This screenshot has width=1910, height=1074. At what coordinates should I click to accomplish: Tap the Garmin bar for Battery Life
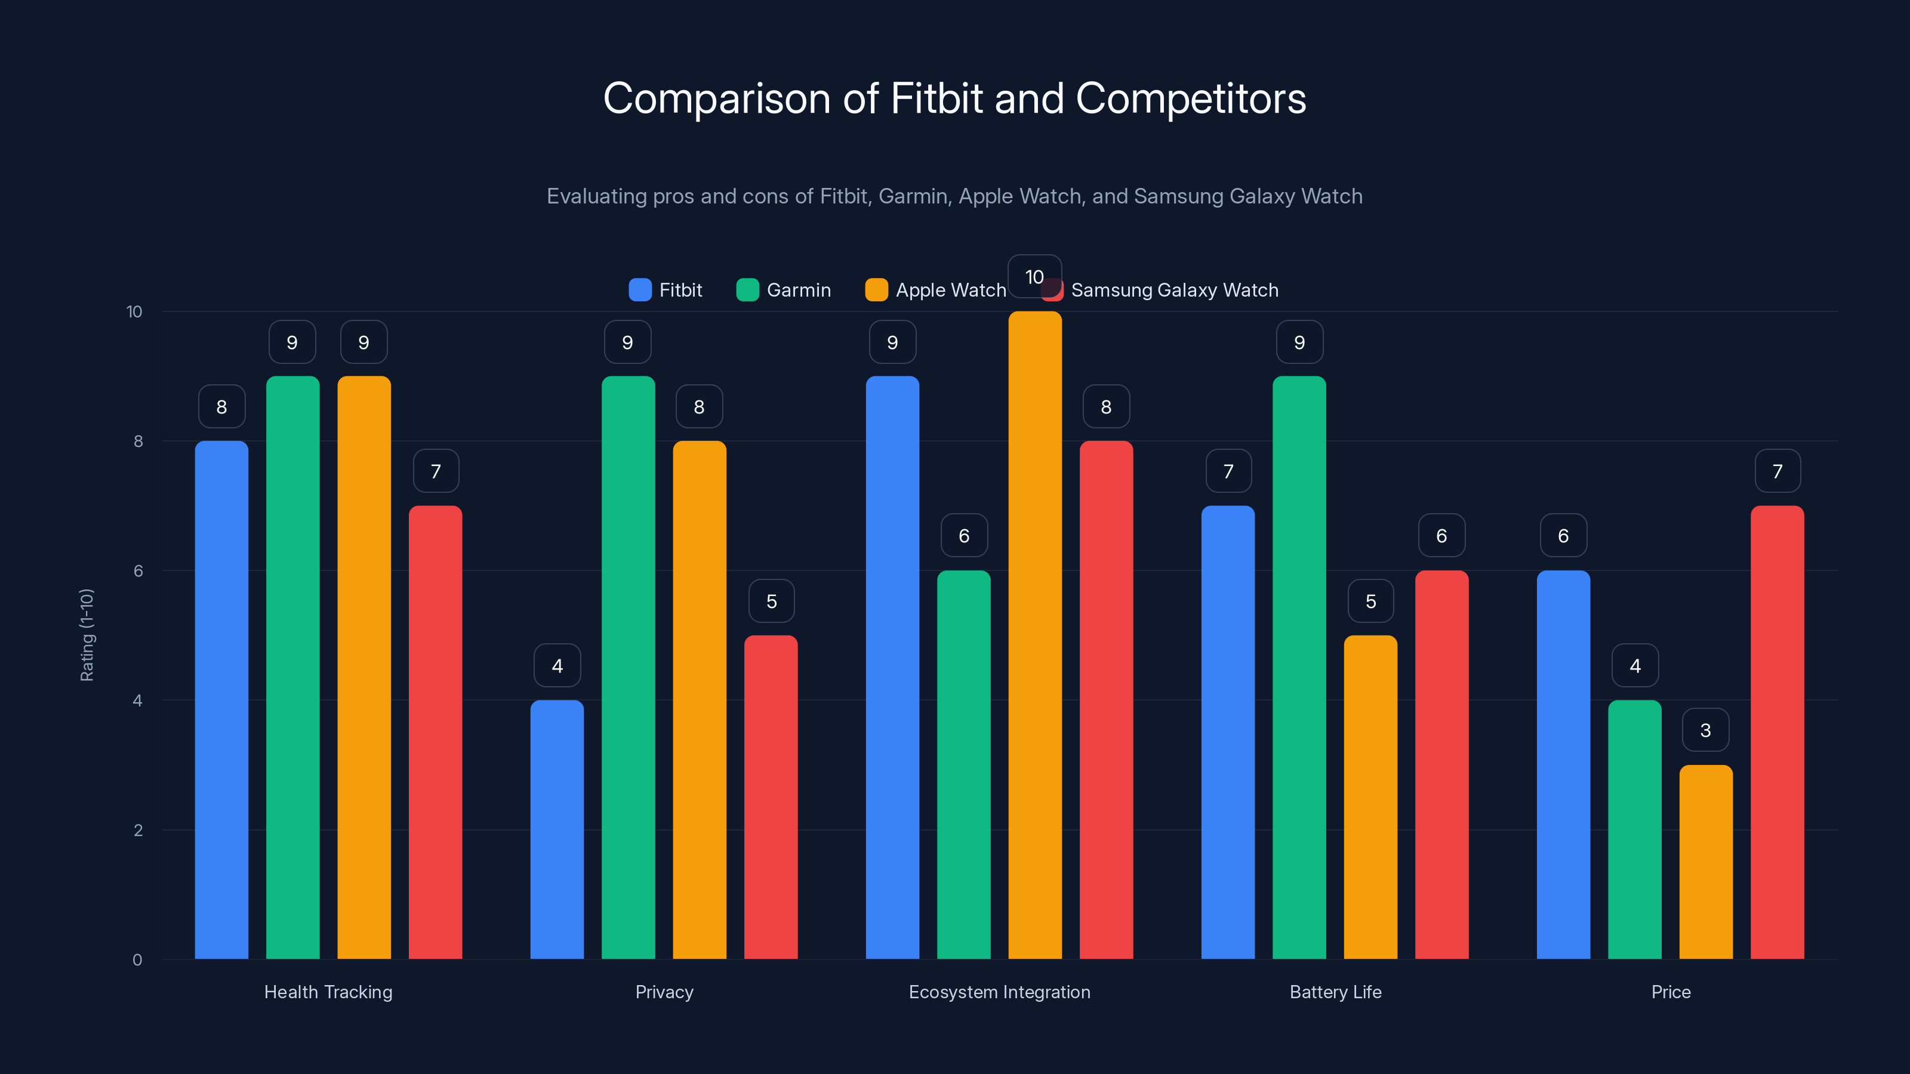1299,667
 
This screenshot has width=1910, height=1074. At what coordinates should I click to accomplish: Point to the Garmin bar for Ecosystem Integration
963,764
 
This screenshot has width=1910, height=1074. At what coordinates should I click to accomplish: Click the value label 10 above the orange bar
1034,276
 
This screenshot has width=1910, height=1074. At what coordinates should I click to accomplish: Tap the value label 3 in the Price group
1705,730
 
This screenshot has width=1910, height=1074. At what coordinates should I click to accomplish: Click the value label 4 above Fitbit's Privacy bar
557,666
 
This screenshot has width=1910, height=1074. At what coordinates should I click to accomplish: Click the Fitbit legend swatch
640,290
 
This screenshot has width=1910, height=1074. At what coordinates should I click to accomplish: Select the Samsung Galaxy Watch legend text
1175,290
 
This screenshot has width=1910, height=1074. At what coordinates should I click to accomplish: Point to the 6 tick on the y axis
138,571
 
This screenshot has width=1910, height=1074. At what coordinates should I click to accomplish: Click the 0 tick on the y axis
137,960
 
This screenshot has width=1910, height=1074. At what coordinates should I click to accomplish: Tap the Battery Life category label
1335,992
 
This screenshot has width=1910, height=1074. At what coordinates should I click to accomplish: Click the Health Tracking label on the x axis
328,992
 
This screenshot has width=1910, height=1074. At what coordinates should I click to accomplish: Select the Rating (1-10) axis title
87,635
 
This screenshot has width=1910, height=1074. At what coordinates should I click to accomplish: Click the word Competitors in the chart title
1190,98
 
